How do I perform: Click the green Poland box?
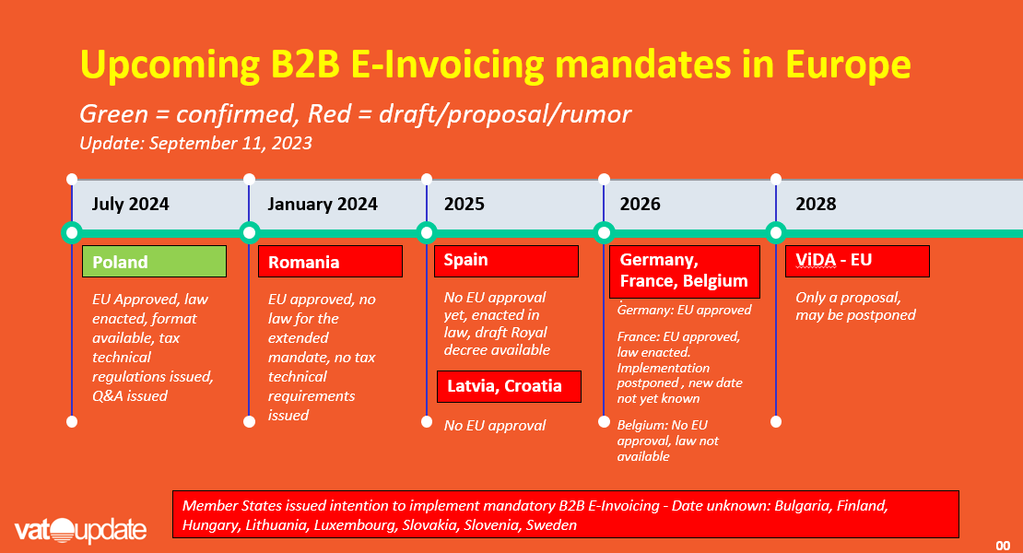pos(154,262)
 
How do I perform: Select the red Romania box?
pos(330,262)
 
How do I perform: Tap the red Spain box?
pos(506,261)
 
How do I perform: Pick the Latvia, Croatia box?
pos(509,386)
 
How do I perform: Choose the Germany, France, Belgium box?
pos(685,271)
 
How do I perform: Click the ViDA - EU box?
pos(857,261)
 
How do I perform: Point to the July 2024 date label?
pos(131,204)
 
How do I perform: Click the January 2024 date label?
pos(323,204)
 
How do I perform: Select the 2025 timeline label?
pos(464,204)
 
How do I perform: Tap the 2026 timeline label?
pos(640,204)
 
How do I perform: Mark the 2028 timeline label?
pos(816,204)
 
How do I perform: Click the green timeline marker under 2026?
pos(605,233)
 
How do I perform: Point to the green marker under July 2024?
pos(72,233)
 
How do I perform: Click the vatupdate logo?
pos(80,530)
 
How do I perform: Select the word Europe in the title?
pos(848,65)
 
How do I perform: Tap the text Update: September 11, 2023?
pos(195,144)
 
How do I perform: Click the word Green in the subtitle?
pos(114,114)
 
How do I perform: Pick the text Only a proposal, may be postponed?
pos(855,306)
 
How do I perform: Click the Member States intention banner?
pos(566,514)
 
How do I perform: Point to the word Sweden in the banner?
pos(551,525)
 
